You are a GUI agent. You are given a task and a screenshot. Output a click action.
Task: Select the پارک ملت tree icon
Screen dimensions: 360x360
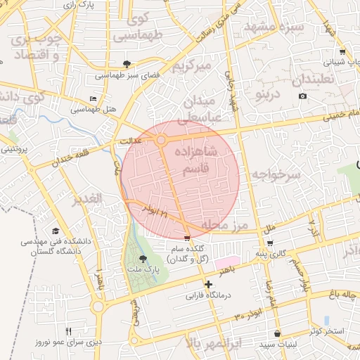coord(143,259)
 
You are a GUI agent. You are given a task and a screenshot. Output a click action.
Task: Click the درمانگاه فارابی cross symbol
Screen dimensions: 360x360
coord(208,284)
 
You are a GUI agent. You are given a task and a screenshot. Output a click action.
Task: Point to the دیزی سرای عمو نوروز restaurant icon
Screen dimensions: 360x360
coord(68,331)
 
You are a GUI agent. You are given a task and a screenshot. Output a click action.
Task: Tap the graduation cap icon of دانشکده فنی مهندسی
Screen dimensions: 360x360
coord(56,231)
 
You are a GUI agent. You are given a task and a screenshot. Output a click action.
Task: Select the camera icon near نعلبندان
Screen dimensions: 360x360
coord(302,96)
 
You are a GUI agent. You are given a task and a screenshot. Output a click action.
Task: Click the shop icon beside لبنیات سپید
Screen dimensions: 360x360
coord(278,333)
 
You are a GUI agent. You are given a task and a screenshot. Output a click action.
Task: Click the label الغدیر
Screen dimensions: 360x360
coord(88,199)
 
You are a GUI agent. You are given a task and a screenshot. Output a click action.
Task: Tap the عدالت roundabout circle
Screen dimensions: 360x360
coord(161,141)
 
